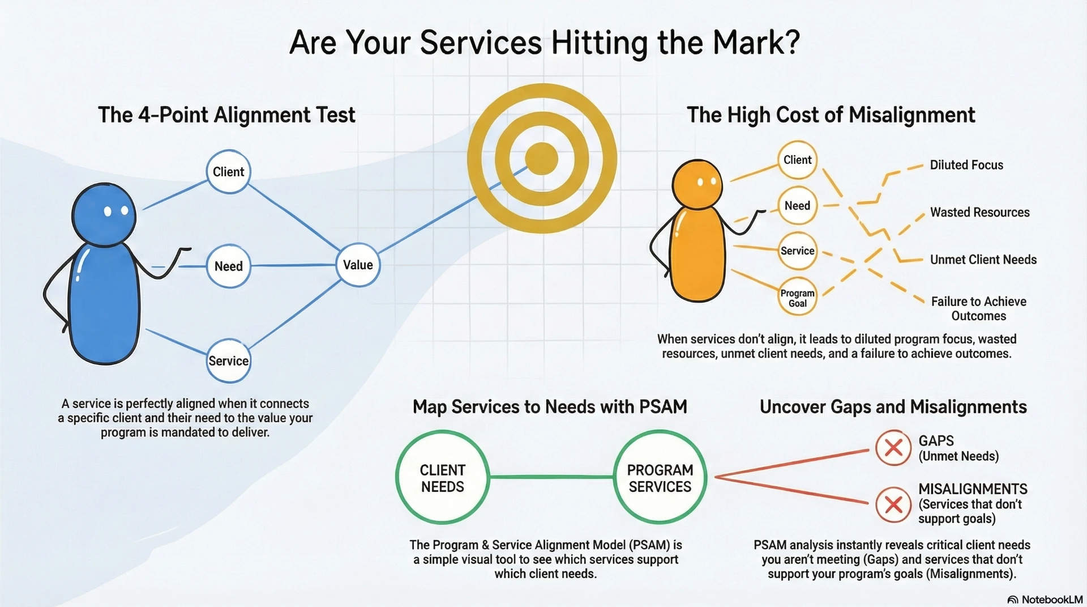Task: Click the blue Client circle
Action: coord(228,172)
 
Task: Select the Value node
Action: coord(358,265)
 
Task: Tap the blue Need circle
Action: coord(228,266)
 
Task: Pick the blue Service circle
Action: coord(228,361)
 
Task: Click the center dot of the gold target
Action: coord(542,159)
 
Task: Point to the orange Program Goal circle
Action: coord(797,298)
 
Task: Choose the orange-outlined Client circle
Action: coord(797,160)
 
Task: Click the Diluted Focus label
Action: coord(966,165)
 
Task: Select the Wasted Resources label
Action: coord(979,213)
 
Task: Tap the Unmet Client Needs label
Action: coord(983,260)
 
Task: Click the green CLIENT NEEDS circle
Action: coord(442,478)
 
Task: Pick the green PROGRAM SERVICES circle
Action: coord(660,478)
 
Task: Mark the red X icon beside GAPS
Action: coord(893,448)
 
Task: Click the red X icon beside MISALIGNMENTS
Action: coord(893,504)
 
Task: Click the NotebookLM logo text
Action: coord(1051,600)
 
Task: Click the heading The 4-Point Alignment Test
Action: coord(226,115)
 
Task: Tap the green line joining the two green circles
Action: coord(551,477)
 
